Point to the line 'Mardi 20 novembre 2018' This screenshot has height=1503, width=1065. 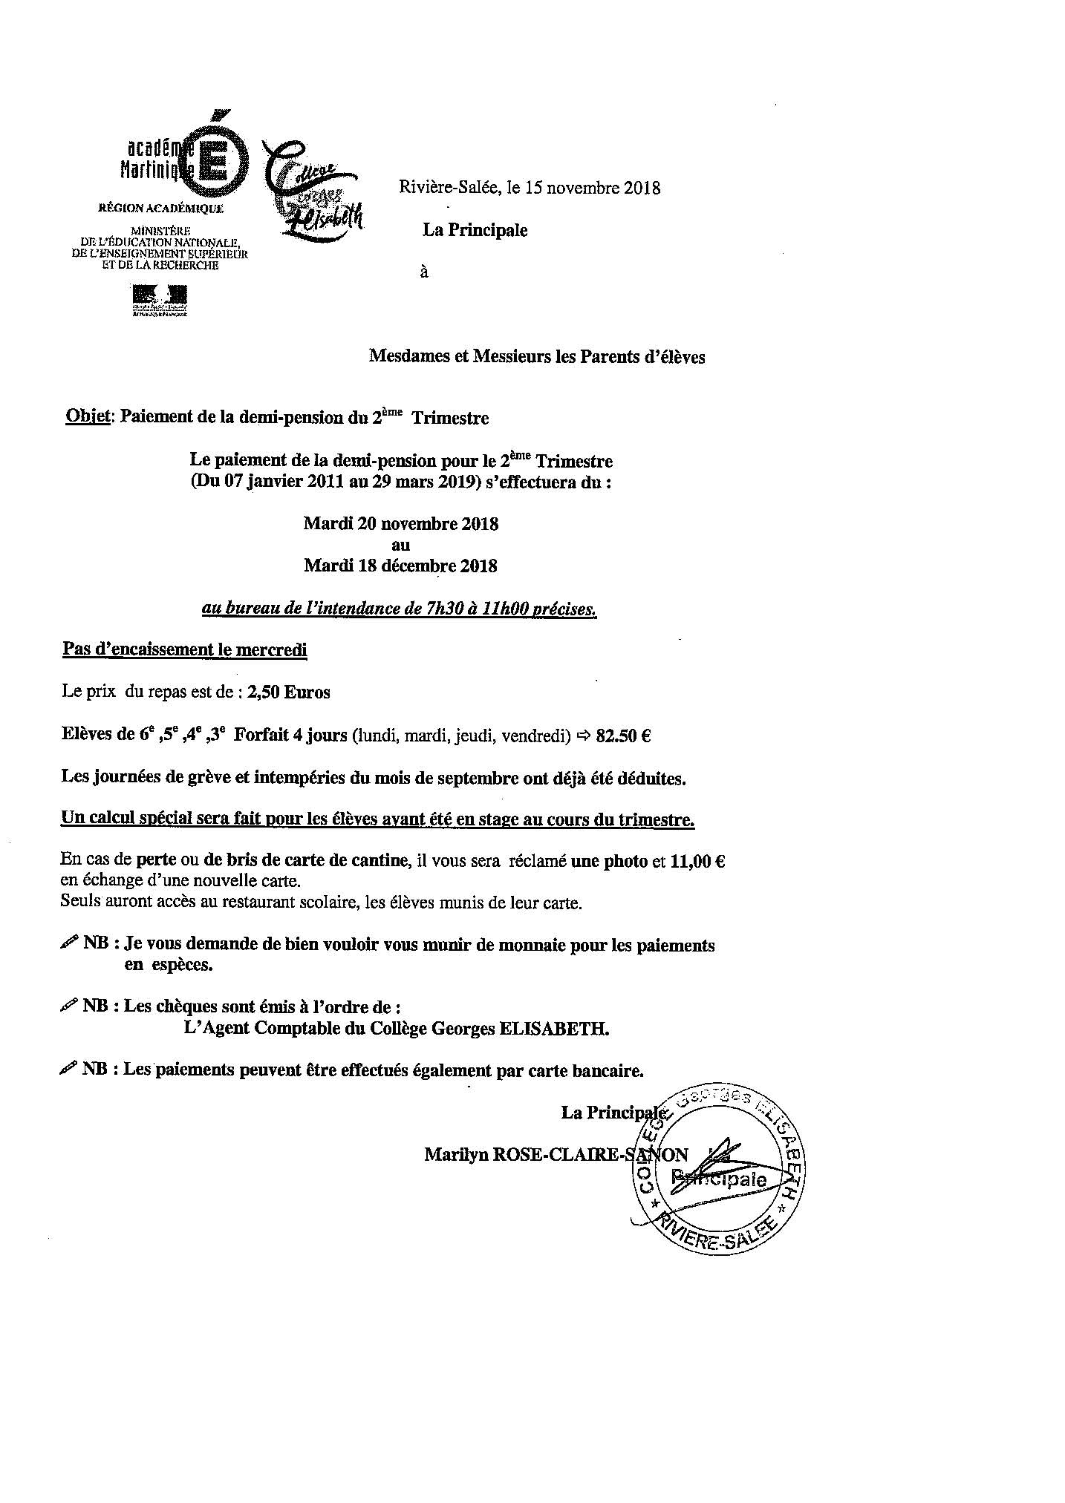coord(400,524)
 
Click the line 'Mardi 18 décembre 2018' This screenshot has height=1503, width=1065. coord(400,566)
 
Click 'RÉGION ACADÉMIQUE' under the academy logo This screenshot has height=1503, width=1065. coord(160,209)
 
